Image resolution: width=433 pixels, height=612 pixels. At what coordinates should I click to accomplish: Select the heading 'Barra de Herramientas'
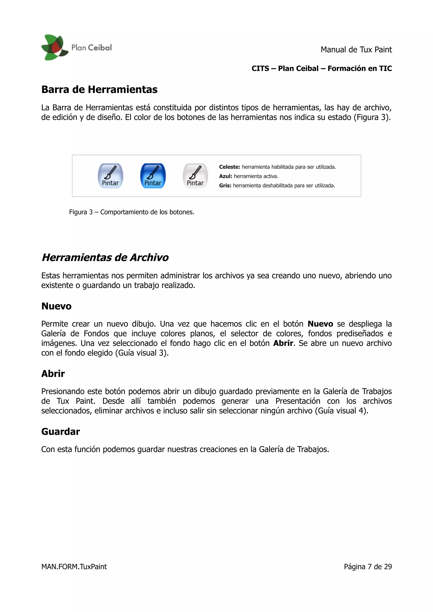pyautogui.click(x=99, y=90)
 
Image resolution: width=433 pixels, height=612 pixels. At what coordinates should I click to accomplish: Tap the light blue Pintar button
pyautogui.click(x=110, y=176)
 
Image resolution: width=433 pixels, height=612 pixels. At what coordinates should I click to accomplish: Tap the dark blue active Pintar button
pyautogui.click(x=153, y=176)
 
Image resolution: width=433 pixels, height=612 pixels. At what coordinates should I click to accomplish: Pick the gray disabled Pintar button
pyautogui.click(x=195, y=176)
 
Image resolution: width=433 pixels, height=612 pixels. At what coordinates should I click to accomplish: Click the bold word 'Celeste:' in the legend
pyautogui.click(x=229, y=167)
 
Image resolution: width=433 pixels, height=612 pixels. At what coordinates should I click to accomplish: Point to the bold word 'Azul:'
pyautogui.click(x=225, y=176)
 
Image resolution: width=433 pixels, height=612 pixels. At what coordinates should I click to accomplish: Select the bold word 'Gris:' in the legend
pyautogui.click(x=225, y=185)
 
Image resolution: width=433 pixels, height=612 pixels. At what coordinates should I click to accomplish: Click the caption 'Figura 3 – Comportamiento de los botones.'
pyautogui.click(x=132, y=212)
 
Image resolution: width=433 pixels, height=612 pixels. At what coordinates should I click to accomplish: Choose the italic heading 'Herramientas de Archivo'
pyautogui.click(x=105, y=257)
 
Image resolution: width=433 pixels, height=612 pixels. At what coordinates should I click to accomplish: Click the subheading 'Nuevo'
pyautogui.click(x=56, y=306)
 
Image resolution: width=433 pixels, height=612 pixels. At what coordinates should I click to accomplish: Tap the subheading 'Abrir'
pyautogui.click(x=53, y=374)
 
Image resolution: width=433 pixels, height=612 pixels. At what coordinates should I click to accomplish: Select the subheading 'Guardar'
pyautogui.click(x=60, y=431)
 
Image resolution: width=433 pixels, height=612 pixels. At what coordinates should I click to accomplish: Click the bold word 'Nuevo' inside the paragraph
pyautogui.click(x=320, y=324)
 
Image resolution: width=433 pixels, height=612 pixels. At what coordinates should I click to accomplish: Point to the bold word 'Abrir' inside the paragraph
pyautogui.click(x=283, y=343)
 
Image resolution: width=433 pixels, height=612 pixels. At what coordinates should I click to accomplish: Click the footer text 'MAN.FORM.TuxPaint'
pyautogui.click(x=74, y=567)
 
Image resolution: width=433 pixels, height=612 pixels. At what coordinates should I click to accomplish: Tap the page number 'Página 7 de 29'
pyautogui.click(x=368, y=567)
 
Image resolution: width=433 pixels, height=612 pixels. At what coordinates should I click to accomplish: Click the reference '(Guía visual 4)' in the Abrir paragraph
pyautogui.click(x=341, y=411)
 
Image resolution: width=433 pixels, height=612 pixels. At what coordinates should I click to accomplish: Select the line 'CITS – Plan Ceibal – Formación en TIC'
pyautogui.click(x=322, y=68)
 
